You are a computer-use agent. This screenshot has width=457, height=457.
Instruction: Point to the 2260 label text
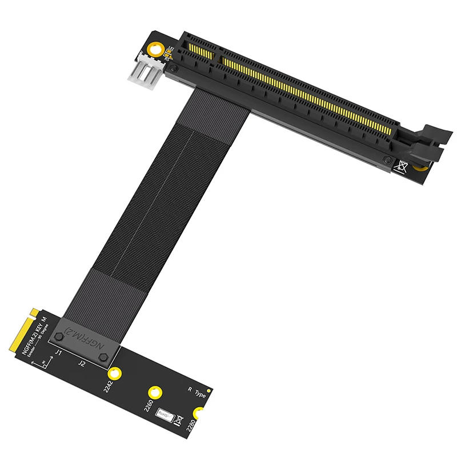pyautogui.click(x=147, y=406)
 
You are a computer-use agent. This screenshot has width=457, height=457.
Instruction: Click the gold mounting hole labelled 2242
pyautogui.click(x=115, y=374)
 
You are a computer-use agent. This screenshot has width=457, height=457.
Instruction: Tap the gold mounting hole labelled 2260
pyautogui.click(x=154, y=392)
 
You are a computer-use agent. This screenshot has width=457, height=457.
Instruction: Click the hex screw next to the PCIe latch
pyautogui.click(x=388, y=160)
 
